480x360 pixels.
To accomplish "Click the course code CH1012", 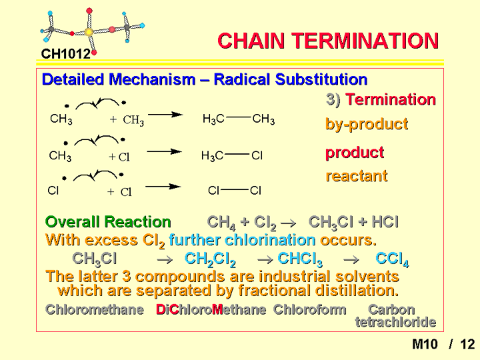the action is point(66,54).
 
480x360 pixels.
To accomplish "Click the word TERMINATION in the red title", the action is point(365,41).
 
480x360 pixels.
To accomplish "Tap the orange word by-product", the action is point(367,124).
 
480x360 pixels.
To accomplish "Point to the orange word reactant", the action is point(357,176).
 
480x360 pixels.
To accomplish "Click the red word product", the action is point(355,153).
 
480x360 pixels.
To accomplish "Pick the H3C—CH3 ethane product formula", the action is point(239,119).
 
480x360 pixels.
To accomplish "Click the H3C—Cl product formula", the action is point(232,156).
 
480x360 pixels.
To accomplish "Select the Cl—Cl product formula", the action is point(235,191).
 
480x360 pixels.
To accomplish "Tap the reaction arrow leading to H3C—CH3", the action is point(165,115).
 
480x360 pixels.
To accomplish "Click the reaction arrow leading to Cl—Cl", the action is point(163,187).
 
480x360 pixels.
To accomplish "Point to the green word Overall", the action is point(73,221).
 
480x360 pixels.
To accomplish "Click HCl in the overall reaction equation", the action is point(385,221).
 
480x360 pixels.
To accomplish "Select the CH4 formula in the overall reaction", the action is point(221,223).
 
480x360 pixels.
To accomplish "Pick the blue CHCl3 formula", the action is point(300,259).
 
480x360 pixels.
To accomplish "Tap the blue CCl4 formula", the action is point(392,259).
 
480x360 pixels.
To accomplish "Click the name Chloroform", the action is point(310,309).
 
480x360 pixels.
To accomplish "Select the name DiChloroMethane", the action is point(211,309).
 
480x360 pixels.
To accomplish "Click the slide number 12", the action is point(467,345).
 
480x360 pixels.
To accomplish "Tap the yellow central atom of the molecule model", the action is point(89,32).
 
